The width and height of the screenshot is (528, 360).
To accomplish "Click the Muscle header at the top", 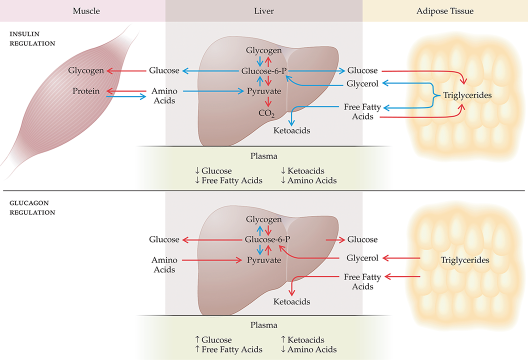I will click(86, 10).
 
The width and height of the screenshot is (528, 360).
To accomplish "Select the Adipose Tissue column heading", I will click(445, 10).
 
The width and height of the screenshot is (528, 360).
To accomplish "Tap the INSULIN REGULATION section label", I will click(31, 39).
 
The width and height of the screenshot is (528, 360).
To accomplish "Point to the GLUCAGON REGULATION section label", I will click(31, 208).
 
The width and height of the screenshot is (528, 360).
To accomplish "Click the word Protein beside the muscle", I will click(86, 91).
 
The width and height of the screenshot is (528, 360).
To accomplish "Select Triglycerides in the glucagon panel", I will click(465, 260).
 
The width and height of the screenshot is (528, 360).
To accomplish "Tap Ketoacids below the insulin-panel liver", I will click(292, 130).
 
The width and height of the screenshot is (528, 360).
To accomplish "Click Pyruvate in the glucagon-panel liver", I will click(263, 260).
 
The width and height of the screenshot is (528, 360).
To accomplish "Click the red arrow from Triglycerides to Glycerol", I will click(400, 258).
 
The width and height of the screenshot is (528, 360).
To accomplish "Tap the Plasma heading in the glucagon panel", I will click(263, 325).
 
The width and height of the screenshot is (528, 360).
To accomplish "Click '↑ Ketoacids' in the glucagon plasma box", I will click(302, 340).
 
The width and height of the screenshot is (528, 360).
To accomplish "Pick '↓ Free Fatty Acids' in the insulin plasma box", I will click(228, 180).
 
